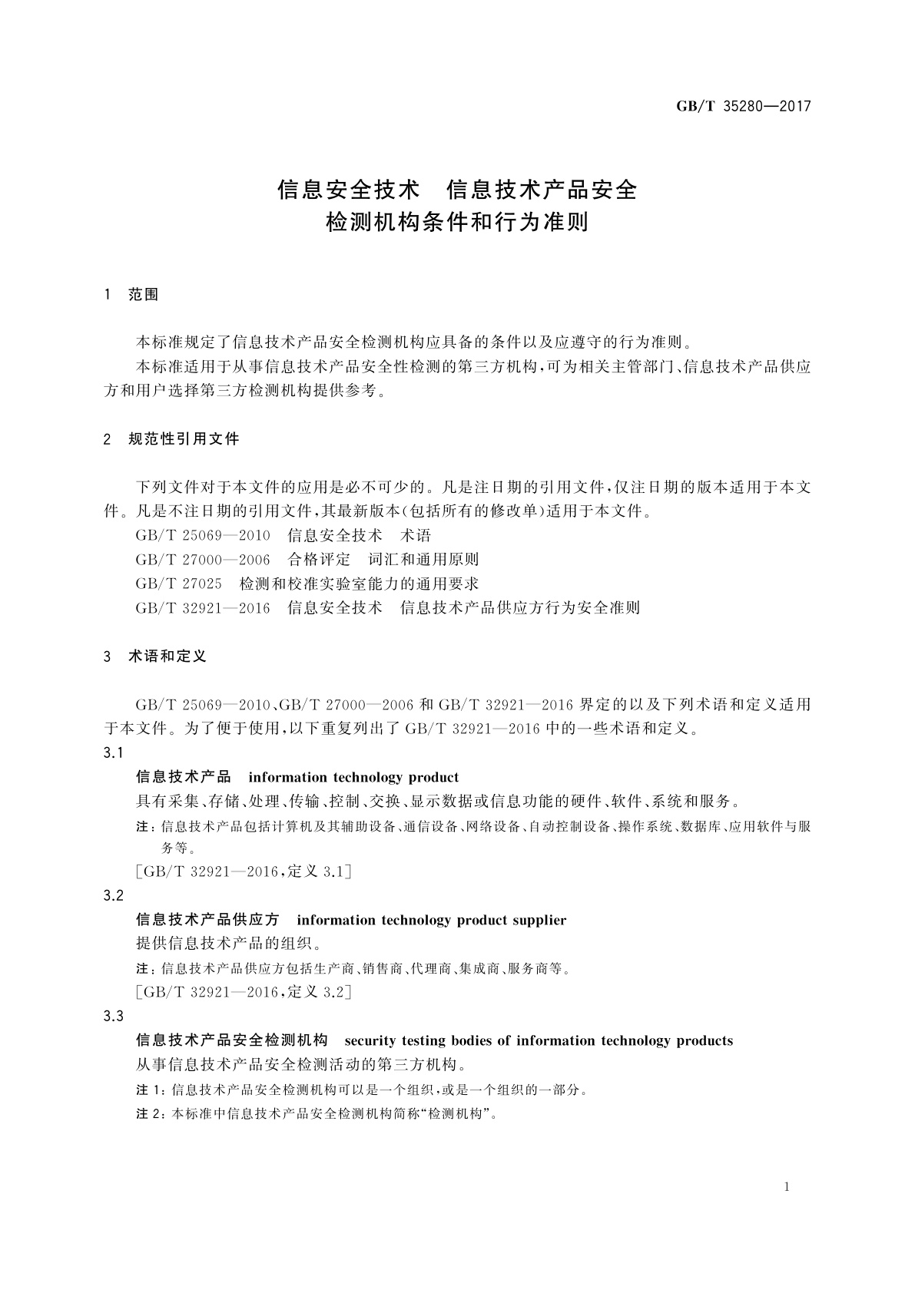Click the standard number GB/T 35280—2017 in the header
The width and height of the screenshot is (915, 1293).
(x=743, y=107)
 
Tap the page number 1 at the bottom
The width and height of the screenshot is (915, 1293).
(x=787, y=1187)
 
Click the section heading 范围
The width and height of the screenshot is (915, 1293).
(x=144, y=295)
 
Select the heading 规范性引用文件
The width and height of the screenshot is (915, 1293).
(x=184, y=439)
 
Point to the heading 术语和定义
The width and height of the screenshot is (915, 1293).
(x=167, y=656)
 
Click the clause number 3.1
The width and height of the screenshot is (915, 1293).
(x=114, y=753)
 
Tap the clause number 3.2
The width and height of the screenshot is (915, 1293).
(x=114, y=896)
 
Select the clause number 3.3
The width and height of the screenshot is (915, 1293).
(x=114, y=1017)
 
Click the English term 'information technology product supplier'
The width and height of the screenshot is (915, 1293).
(x=431, y=920)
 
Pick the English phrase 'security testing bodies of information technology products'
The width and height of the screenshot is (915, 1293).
(x=539, y=1040)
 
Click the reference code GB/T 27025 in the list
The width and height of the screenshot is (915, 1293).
(x=178, y=584)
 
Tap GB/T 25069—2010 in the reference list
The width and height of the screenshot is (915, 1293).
(x=203, y=535)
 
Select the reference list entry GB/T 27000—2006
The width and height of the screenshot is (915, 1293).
(x=203, y=560)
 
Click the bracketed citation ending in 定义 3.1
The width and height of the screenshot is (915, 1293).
(x=243, y=871)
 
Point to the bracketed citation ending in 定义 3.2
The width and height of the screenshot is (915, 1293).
(x=243, y=992)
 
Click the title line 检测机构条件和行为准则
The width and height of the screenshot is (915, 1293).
(x=457, y=223)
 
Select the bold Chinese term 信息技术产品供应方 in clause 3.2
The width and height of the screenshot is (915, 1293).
(x=207, y=920)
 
